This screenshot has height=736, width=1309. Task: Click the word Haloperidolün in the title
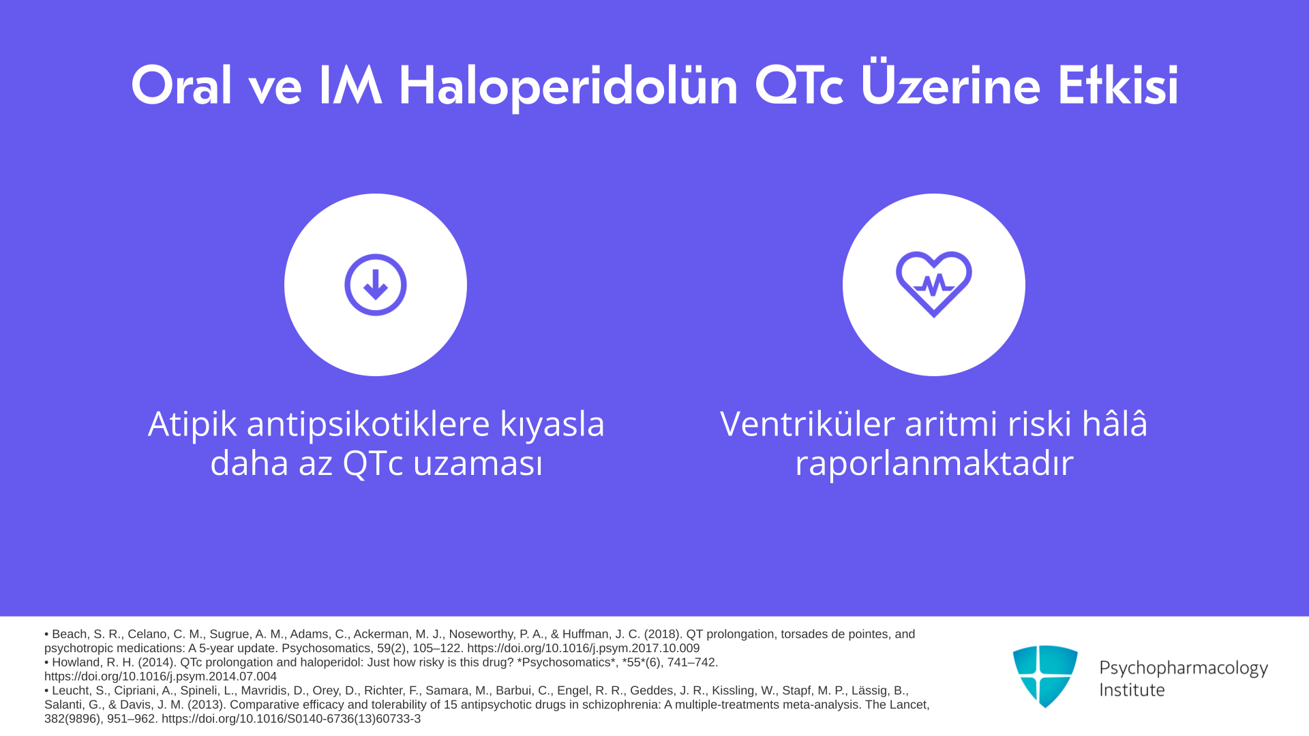pyautogui.click(x=568, y=87)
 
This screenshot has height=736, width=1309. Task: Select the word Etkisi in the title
pyautogui.click(x=1118, y=86)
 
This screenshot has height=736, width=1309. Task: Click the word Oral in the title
pyautogui.click(x=181, y=86)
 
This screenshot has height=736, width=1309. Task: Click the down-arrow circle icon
pyautogui.click(x=376, y=285)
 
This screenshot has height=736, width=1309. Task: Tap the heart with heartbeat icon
pyautogui.click(x=934, y=284)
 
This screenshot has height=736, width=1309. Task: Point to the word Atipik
pyautogui.click(x=192, y=425)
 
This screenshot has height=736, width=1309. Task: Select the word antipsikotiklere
pyautogui.click(x=368, y=425)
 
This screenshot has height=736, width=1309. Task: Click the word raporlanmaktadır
pyautogui.click(x=934, y=463)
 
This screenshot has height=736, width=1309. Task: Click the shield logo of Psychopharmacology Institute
pyautogui.click(x=1045, y=676)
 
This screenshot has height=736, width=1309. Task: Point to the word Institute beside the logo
pyautogui.click(x=1132, y=690)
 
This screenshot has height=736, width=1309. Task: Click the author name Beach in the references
pyautogui.click(x=70, y=634)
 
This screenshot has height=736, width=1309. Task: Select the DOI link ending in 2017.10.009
pyautogui.click(x=583, y=649)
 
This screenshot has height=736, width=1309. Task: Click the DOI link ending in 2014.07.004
pyautogui.click(x=160, y=677)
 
